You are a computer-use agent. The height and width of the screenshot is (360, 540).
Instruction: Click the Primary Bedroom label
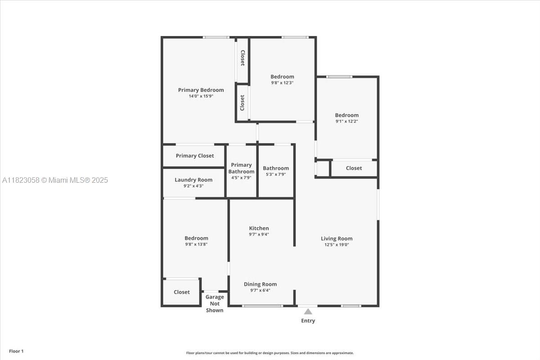pyautogui.click(x=201, y=90)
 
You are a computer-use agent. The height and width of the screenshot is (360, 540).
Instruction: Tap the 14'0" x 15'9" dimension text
pyautogui.click(x=201, y=96)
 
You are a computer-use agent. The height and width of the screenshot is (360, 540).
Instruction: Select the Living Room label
pyautogui.click(x=337, y=238)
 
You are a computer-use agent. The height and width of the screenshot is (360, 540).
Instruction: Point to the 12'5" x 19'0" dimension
pyautogui.click(x=337, y=245)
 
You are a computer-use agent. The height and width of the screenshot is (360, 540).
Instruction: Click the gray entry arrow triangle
pyautogui.click(x=308, y=311)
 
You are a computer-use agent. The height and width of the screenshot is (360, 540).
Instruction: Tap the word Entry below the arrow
pyautogui.click(x=308, y=321)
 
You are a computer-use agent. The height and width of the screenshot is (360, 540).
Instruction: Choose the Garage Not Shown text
pyautogui.click(x=215, y=304)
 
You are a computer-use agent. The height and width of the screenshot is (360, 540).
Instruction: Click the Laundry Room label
pyautogui.click(x=193, y=180)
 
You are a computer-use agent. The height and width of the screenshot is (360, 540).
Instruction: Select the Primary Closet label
pyautogui.click(x=195, y=156)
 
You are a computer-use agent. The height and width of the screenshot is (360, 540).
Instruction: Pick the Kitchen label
pyautogui.click(x=259, y=228)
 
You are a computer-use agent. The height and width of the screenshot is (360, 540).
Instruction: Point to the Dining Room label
pyautogui.click(x=260, y=284)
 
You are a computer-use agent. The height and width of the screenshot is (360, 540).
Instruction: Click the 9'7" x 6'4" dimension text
pyautogui.click(x=260, y=290)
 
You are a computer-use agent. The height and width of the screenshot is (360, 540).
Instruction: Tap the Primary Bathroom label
pyautogui.click(x=241, y=168)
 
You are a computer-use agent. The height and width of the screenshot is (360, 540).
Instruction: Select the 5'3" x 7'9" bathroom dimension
pyautogui.click(x=276, y=174)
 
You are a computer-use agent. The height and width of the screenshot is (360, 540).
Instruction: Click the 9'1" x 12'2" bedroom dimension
pyautogui.click(x=346, y=121)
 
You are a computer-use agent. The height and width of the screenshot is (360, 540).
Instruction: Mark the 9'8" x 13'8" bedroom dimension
pyautogui.click(x=196, y=244)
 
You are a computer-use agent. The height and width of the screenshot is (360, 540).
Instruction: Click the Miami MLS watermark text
pyautogui.click(x=55, y=180)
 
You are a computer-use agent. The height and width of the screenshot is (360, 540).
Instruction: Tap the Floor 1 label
pyautogui.click(x=16, y=351)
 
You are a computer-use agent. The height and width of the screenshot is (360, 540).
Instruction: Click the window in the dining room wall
pyautogui.click(x=262, y=306)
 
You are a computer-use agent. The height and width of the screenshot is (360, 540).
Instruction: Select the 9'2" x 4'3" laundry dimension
pyautogui.click(x=193, y=186)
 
